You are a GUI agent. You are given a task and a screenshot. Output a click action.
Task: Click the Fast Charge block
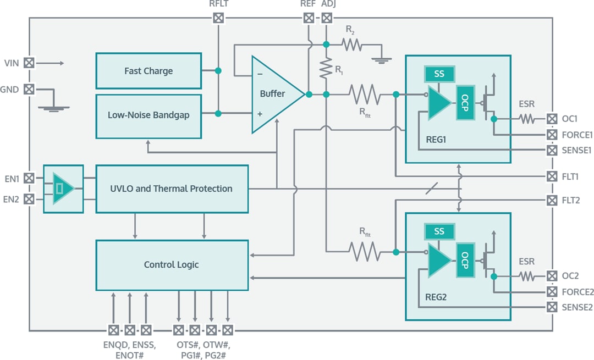tap(148, 71)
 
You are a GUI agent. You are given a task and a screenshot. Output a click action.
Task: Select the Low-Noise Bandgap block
tap(148, 116)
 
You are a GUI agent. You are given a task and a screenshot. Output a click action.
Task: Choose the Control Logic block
tap(172, 265)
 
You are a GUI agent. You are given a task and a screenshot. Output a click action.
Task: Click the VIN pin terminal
tap(29, 63)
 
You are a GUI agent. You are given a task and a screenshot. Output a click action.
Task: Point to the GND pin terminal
tap(29, 88)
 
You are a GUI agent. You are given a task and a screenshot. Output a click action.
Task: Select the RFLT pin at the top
tap(218, 18)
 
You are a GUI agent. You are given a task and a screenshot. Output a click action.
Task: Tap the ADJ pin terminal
tap(327, 18)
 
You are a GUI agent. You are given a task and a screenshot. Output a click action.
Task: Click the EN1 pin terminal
tap(29, 178)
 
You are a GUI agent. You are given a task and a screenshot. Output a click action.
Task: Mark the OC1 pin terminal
tap(552, 118)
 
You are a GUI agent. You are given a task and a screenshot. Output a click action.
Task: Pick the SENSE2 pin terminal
tap(552, 307)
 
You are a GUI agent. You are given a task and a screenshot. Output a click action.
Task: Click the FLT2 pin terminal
tap(552, 201)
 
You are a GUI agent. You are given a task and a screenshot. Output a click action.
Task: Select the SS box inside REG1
tap(439, 74)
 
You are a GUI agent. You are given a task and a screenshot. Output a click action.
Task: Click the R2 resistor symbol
tap(352, 45)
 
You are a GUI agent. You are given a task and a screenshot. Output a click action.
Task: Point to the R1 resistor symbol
tap(327, 69)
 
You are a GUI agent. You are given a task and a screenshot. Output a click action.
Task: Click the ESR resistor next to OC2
tap(526, 276)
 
